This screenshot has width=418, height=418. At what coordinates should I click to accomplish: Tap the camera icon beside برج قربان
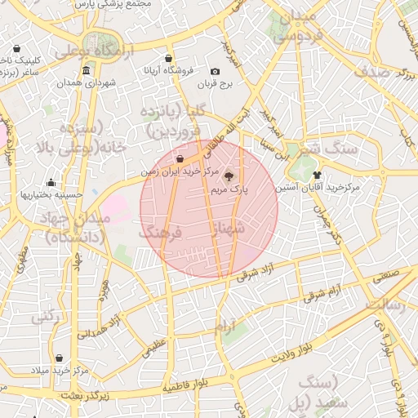click(x=215, y=72)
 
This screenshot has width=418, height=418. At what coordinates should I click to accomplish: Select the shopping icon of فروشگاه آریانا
click(x=168, y=60)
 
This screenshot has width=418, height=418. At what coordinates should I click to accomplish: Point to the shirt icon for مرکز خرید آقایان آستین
click(x=317, y=175)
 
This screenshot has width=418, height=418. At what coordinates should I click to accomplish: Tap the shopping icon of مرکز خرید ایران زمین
click(x=180, y=158)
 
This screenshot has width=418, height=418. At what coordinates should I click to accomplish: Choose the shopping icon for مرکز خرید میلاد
click(x=59, y=358)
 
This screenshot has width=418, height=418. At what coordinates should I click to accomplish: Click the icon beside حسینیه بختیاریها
click(x=51, y=182)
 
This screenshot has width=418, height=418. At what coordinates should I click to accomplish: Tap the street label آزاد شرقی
click(x=256, y=273)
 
